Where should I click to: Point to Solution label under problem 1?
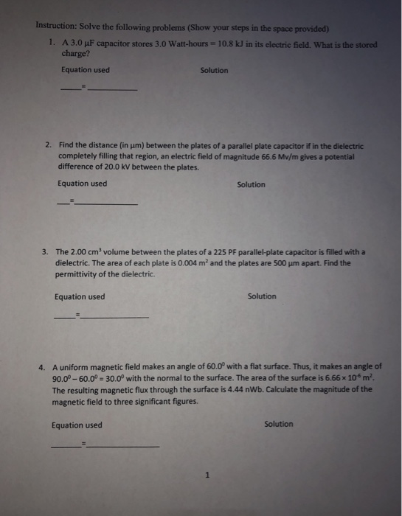pos(214,71)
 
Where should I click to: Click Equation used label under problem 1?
pos(86,71)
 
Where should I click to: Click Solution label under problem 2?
pos(251,184)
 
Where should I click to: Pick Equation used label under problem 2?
pos(82,184)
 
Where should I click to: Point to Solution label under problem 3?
pos(262,296)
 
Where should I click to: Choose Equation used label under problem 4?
pos(77,425)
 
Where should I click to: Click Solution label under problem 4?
pos(278,424)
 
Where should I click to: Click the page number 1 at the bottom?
pos(208,475)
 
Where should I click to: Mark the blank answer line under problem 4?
pos(122,446)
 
